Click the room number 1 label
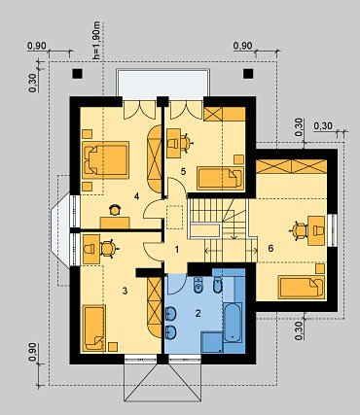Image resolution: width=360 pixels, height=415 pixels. point(177,250)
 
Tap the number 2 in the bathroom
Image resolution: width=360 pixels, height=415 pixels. point(198,313)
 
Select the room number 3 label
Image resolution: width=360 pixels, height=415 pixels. point(125,291)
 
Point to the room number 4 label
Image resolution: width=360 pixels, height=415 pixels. point(137,196)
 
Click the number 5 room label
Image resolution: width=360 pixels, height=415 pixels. point(183,171)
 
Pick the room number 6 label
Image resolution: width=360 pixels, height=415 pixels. point(270,249)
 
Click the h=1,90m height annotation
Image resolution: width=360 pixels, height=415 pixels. point(96,41)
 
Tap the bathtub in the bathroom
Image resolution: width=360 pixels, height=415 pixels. point(233,323)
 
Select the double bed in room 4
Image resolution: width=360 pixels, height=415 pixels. point(105,159)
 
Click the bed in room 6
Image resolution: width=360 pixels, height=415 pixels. point(302,287)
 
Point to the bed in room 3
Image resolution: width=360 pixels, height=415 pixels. point(94,328)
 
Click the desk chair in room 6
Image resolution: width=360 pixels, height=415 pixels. point(300,230)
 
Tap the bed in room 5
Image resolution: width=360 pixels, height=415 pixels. point(220,178)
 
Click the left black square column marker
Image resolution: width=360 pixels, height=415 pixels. point(77,74)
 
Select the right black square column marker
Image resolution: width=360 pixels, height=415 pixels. point(248,74)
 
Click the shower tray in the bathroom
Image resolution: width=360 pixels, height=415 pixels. point(212,342)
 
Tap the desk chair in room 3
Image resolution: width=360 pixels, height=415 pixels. point(109,249)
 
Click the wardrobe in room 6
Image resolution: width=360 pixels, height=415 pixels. point(292,166)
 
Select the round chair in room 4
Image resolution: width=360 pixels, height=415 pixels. point(115,210)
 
